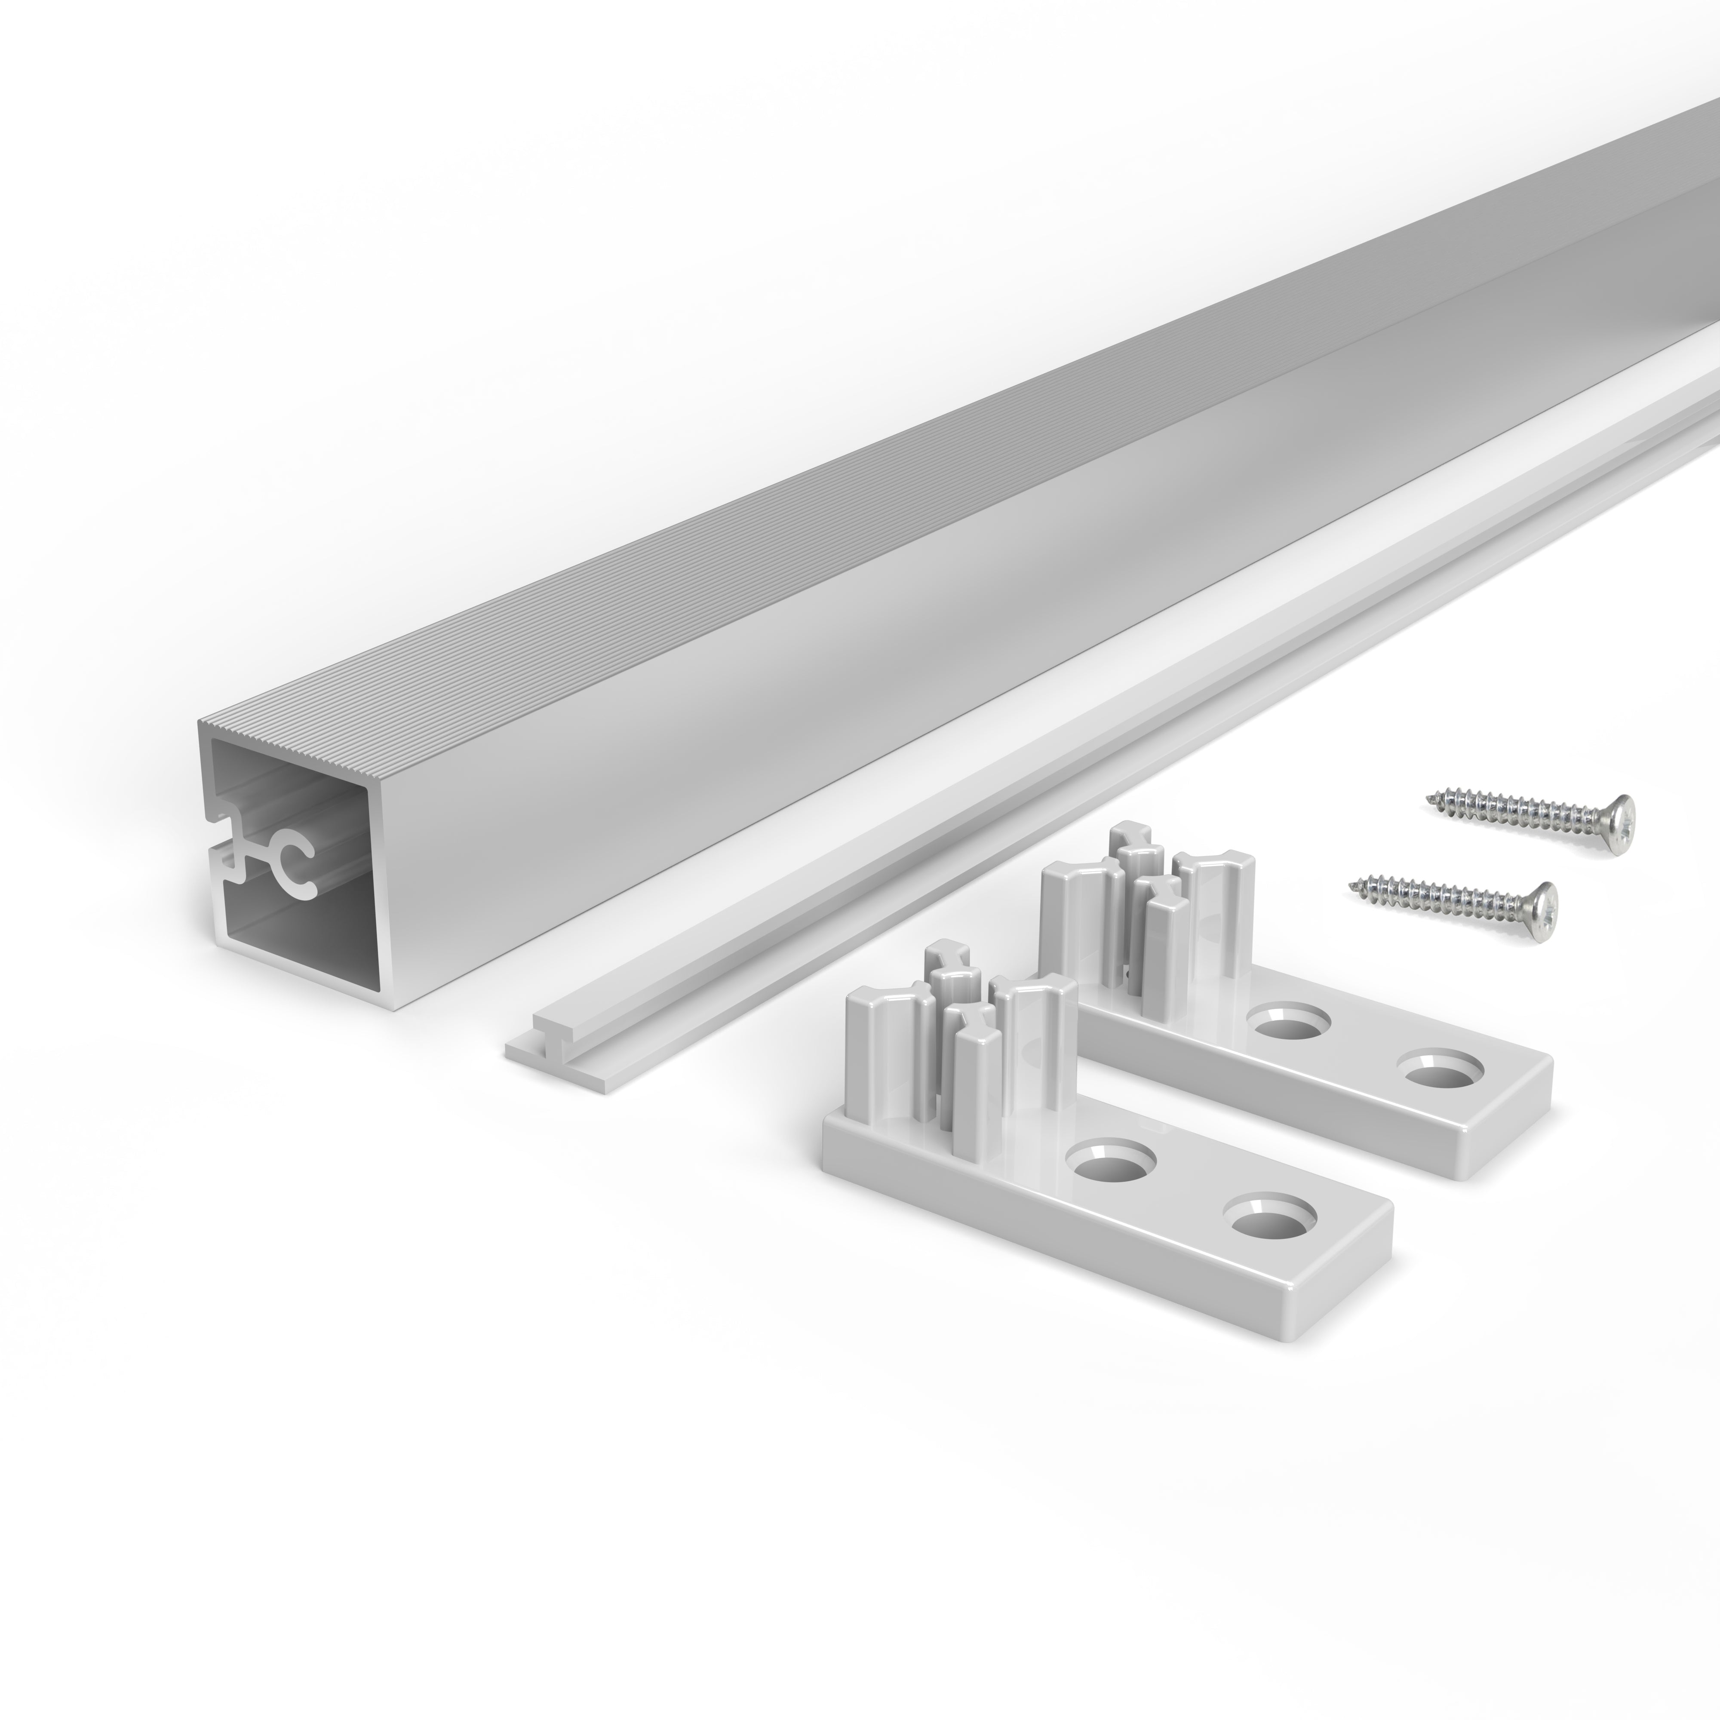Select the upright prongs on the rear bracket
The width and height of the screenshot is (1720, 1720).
pyautogui.click(x=1149, y=899)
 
